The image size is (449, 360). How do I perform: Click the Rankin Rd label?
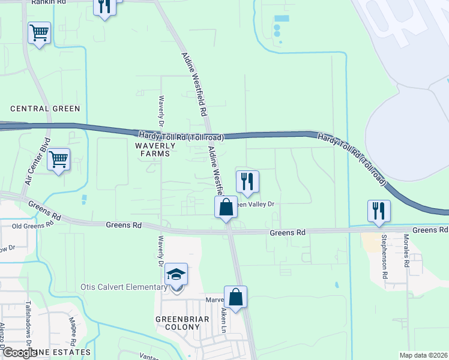click(52, 2)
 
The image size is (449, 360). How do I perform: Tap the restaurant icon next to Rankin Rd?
click(105, 6)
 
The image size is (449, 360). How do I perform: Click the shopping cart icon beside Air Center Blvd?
click(58, 160)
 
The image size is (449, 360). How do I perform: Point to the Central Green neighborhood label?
click(45, 109)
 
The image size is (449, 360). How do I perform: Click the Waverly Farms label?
click(155, 149)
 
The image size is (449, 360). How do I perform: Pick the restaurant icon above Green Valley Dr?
click(247, 181)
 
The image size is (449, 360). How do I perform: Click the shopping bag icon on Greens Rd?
click(226, 208)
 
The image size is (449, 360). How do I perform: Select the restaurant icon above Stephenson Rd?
click(379, 211)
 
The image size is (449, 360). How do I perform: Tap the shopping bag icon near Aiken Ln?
click(236, 297)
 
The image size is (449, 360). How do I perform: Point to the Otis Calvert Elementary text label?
click(124, 287)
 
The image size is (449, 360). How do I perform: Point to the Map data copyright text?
click(423, 355)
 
